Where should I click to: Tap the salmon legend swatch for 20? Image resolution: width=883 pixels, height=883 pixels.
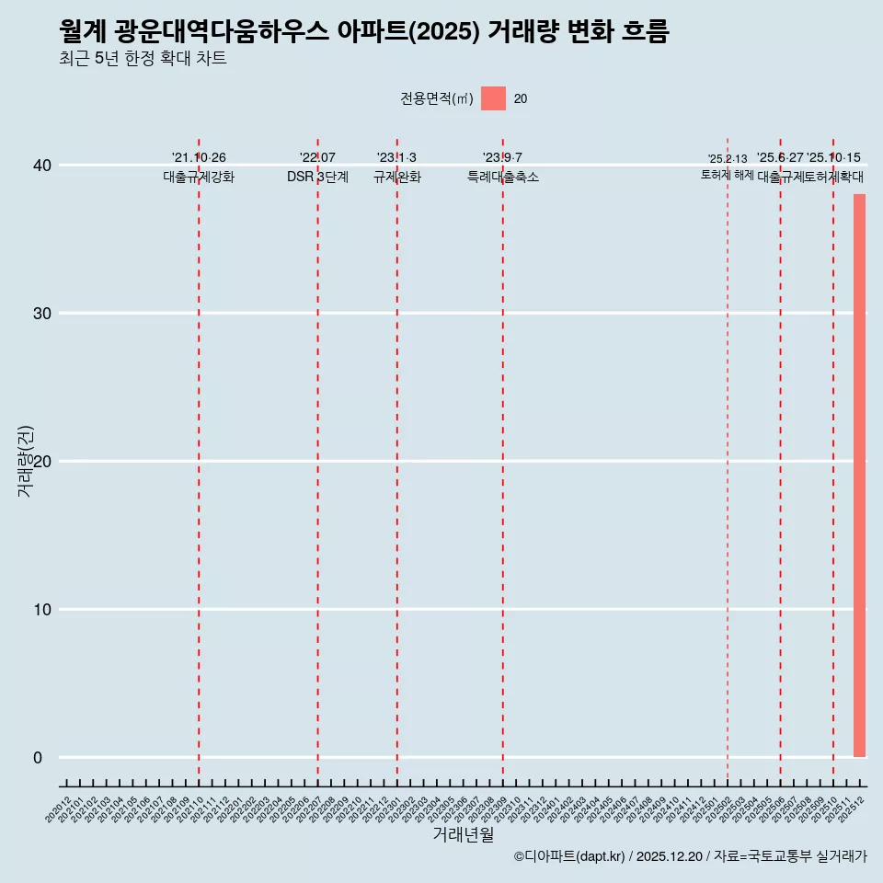(x=493, y=98)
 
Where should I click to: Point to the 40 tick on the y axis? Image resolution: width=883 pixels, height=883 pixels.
(x=43, y=166)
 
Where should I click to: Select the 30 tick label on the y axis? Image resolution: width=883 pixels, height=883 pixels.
(x=43, y=314)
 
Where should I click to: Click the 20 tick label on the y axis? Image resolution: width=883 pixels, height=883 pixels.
(x=43, y=462)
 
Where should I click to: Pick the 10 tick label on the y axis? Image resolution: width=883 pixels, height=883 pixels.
(x=43, y=610)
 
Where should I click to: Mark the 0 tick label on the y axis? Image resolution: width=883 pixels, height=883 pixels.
(x=38, y=758)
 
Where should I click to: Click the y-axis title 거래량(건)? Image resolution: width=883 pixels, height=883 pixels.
(x=25, y=462)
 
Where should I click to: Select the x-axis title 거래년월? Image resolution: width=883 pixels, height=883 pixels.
(x=463, y=835)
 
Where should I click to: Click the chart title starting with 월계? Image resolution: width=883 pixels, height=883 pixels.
(x=363, y=32)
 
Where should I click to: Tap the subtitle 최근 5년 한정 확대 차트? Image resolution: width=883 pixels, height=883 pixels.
(x=143, y=59)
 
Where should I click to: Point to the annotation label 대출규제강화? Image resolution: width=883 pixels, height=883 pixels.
(x=199, y=177)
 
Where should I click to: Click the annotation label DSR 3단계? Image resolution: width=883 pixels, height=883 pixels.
(x=317, y=177)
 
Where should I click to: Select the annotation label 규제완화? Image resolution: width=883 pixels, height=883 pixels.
(x=396, y=177)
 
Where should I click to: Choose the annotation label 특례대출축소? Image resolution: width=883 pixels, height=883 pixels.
(x=502, y=177)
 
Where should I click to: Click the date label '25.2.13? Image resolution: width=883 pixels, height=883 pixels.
(x=728, y=159)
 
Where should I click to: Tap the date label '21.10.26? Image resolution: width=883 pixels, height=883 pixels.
(x=199, y=158)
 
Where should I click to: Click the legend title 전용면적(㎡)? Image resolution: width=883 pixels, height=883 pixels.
(x=437, y=99)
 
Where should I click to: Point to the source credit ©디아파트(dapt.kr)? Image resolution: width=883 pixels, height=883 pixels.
(x=570, y=856)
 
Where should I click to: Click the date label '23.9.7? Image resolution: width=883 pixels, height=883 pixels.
(x=502, y=158)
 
